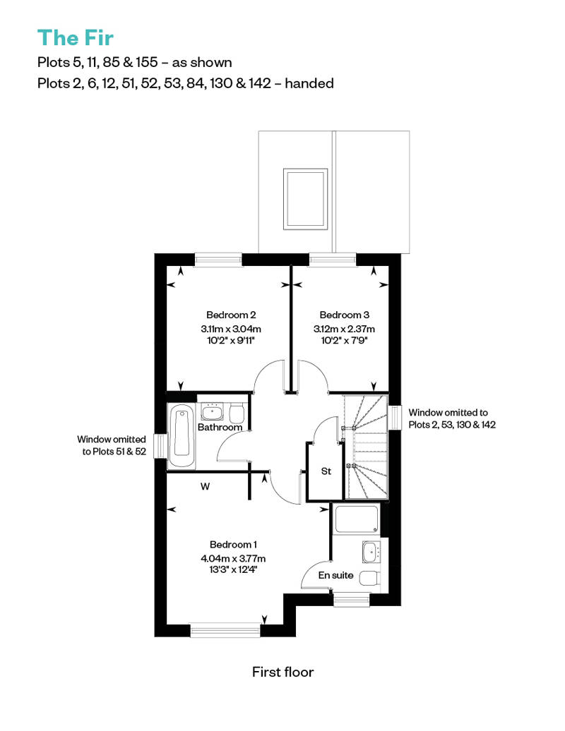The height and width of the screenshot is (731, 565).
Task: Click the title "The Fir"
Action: pyautogui.click(x=75, y=38)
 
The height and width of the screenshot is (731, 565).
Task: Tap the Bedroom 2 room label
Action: pyautogui.click(x=231, y=315)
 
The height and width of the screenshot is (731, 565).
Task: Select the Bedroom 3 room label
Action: pyautogui.click(x=345, y=315)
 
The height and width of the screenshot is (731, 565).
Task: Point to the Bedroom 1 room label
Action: pyautogui.click(x=233, y=545)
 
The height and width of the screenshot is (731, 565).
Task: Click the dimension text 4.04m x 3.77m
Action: pyautogui.click(x=233, y=559)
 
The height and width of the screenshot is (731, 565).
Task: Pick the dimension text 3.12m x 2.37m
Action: pyautogui.click(x=345, y=329)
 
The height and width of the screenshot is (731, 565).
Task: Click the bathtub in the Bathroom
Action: pyautogui.click(x=182, y=435)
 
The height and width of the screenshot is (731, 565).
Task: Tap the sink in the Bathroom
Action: pyautogui.click(x=213, y=411)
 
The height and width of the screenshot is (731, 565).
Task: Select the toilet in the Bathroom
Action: pyautogui.click(x=237, y=412)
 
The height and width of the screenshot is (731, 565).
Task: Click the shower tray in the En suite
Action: pyautogui.click(x=357, y=519)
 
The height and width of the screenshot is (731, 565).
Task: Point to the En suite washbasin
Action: pyautogui.click(x=371, y=552)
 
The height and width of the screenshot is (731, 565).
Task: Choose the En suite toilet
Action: pyautogui.click(x=371, y=578)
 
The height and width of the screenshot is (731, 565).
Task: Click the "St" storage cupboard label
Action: pyautogui.click(x=326, y=471)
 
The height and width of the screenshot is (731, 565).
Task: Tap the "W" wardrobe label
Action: pyautogui.click(x=206, y=487)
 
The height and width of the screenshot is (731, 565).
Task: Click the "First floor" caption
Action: pyautogui.click(x=282, y=672)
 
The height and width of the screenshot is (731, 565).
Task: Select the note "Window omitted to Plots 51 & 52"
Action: pyautogui.click(x=112, y=445)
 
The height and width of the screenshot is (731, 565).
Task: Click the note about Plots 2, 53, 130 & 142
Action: pyautogui.click(x=451, y=418)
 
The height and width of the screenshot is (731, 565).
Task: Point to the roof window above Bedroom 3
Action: pyautogui.click(x=305, y=199)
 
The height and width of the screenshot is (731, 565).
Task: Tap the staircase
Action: pyautogui.click(x=366, y=447)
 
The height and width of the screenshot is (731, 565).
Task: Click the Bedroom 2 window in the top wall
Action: pyautogui.click(x=218, y=259)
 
